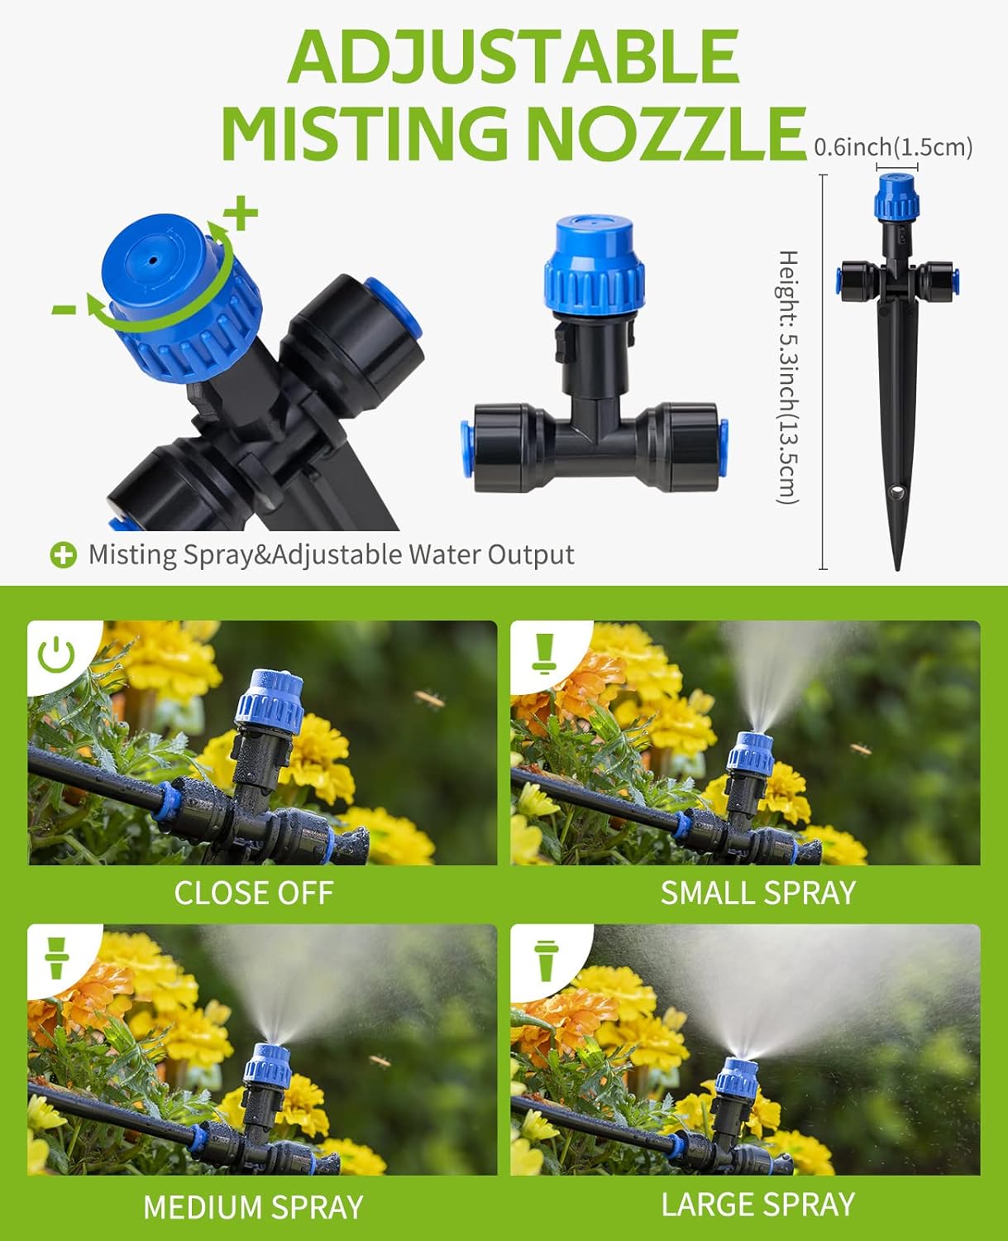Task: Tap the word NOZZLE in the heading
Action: (666, 133)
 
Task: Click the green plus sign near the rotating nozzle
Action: (242, 214)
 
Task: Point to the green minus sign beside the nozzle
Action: (64, 309)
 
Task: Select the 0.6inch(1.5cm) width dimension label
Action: (893, 147)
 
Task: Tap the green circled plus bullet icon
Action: (63, 555)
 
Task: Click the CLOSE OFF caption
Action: (253, 893)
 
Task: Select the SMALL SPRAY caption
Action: (757, 893)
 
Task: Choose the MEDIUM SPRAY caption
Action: (253, 1207)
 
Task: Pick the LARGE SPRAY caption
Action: (757, 1204)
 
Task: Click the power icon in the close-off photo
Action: (56, 654)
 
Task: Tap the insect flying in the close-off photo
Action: (430, 700)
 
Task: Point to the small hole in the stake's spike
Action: (897, 494)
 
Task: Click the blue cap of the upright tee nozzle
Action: (594, 265)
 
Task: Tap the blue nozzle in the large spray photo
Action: (737, 1076)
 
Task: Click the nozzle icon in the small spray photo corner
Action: (542, 653)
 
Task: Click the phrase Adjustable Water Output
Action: (423, 554)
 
